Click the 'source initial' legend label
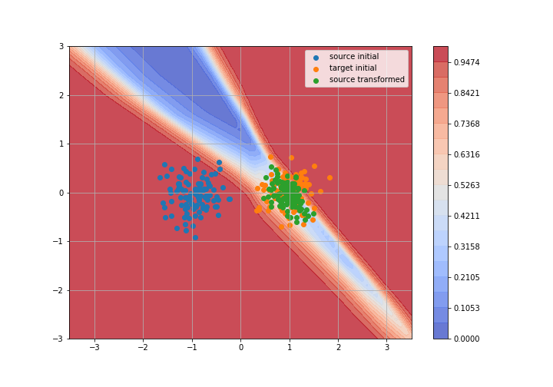354,56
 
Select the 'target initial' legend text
353,68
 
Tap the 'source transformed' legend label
367,79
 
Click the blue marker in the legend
316,58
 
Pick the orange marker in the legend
316,69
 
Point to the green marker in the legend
316,81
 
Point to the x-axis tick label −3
94,348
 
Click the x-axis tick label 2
339,348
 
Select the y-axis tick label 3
61,47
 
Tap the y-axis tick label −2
58,290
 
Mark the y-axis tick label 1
61,144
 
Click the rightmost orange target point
329,178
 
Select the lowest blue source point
195,237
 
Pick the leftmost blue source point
160,177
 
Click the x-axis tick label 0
241,348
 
